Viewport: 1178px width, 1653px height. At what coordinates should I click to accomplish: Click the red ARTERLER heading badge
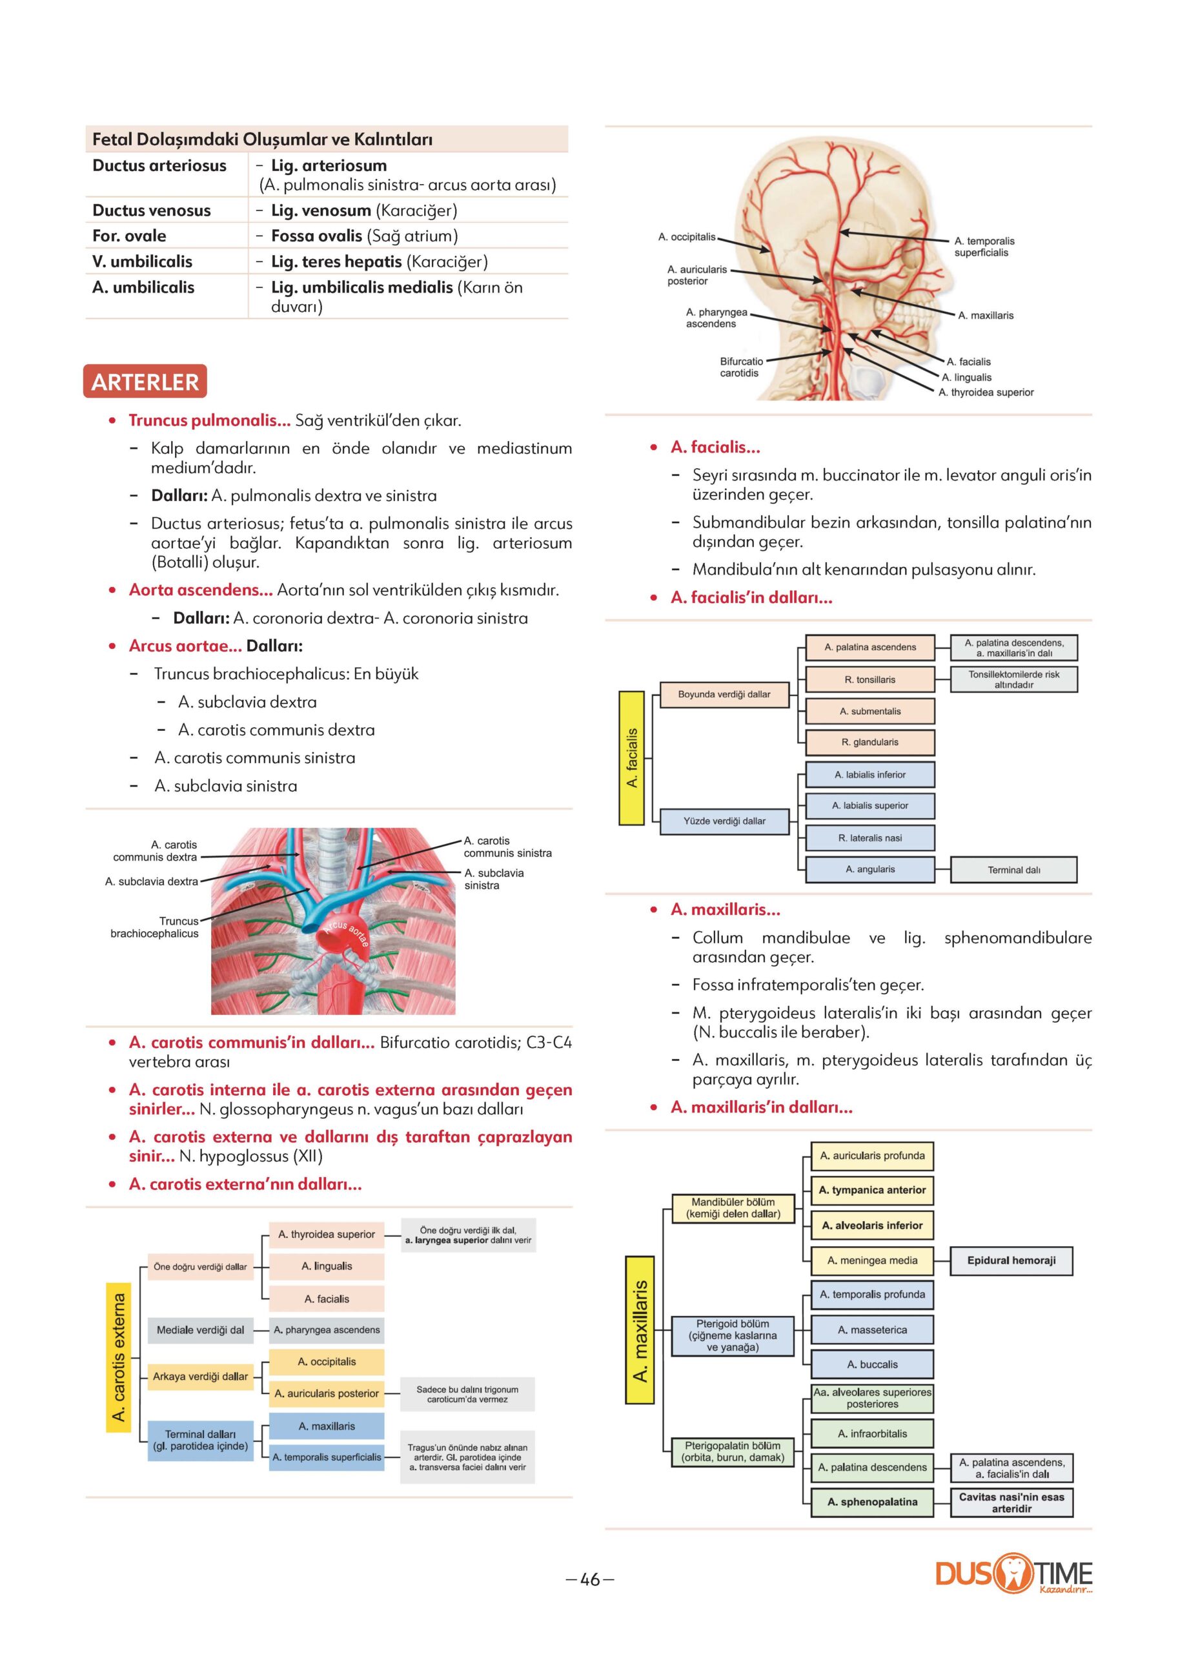coord(145,382)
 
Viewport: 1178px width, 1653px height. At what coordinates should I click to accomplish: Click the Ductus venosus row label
coord(152,210)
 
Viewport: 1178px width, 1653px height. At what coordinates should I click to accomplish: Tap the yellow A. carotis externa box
coord(119,1356)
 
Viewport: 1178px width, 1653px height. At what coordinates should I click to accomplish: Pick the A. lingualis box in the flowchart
coord(327,1266)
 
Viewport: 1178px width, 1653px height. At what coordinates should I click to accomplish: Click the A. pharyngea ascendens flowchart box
coord(327,1330)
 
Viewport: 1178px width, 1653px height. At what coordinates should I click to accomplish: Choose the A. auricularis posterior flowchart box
coord(327,1393)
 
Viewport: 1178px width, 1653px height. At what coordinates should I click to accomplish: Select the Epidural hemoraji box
coord(1011,1260)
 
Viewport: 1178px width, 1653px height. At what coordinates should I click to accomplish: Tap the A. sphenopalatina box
coord(872,1501)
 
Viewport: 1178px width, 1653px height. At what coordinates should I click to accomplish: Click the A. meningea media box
coord(872,1260)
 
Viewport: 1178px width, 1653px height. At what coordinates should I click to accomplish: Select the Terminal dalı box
coord(1013,870)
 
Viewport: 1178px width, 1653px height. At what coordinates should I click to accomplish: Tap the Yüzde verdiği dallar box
coord(724,821)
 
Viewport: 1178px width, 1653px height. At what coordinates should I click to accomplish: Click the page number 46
coord(591,1579)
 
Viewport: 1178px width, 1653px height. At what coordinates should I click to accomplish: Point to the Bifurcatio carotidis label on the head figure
coord(740,367)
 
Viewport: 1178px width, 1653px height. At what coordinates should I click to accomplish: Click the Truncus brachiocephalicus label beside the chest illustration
coord(154,927)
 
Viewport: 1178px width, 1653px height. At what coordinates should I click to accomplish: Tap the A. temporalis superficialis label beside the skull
coord(984,247)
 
